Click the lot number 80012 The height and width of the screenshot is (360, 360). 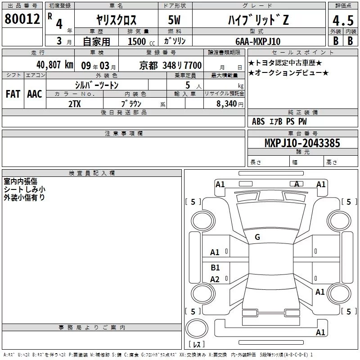(x=22, y=19)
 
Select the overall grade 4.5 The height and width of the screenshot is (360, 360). (x=343, y=20)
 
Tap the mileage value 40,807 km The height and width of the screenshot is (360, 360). (x=55, y=65)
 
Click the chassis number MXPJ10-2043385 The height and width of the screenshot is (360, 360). (x=302, y=143)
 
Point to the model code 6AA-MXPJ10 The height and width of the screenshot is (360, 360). (x=258, y=41)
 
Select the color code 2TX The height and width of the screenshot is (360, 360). (x=75, y=104)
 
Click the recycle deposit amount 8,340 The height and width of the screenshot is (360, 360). (x=227, y=104)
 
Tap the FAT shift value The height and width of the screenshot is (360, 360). (x=13, y=94)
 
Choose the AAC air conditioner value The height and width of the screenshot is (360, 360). (x=35, y=94)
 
